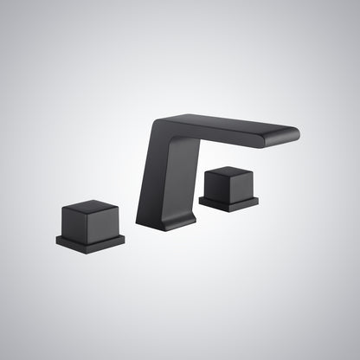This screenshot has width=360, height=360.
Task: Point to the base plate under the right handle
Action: click(x=228, y=203)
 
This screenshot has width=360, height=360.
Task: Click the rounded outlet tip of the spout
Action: click(x=292, y=133)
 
